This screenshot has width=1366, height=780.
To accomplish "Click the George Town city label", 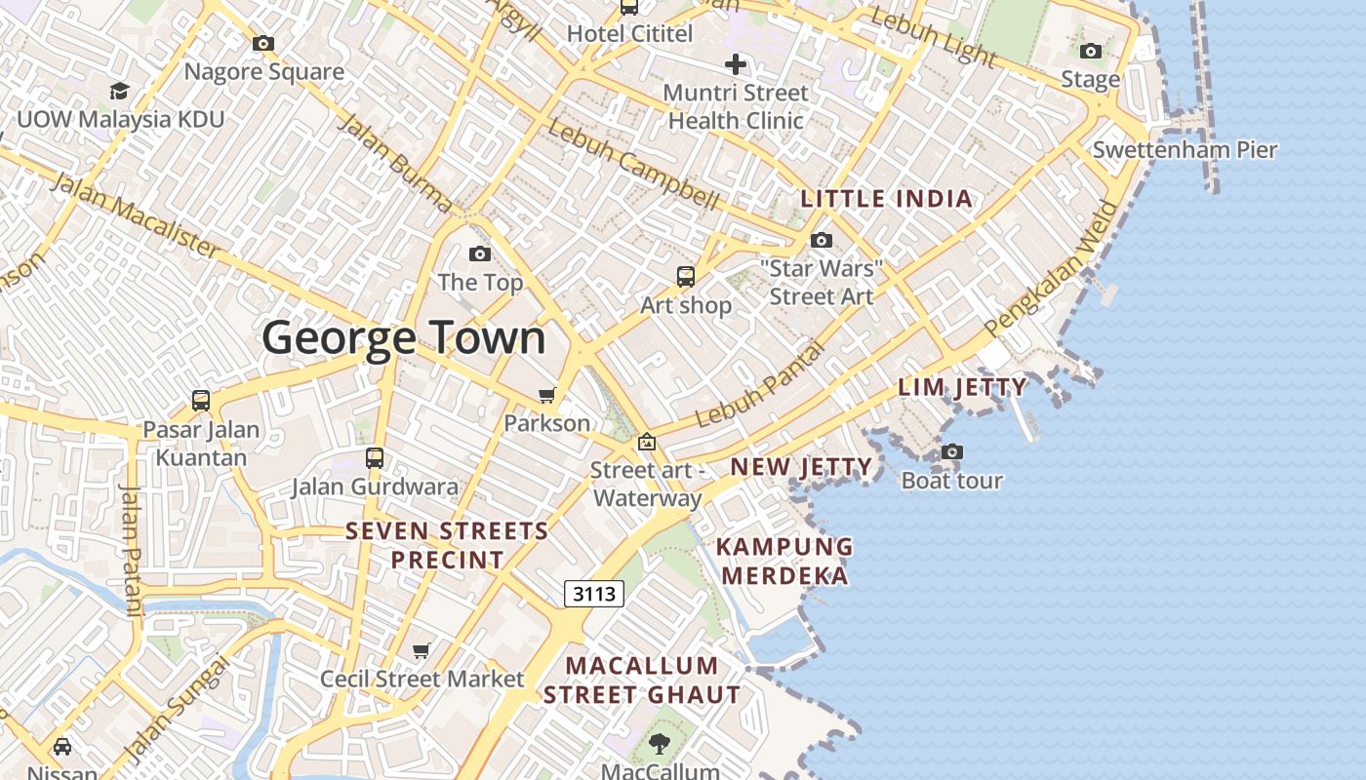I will point(404,338).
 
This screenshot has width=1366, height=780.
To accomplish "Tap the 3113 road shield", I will point(593,593).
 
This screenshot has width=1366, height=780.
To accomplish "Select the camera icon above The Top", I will point(480,254).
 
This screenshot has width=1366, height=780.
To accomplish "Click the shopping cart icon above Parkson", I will point(546,395).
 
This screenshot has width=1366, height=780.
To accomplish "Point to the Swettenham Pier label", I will point(1185,150).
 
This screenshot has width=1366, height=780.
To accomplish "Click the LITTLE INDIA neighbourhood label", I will point(886,199).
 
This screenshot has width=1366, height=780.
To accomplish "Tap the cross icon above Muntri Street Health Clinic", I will point(736,65).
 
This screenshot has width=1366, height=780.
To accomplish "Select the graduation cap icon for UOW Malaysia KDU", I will point(119,91).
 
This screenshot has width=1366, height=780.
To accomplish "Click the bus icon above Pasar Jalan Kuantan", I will point(201,401).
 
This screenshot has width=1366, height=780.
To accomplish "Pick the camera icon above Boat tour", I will point(952,452).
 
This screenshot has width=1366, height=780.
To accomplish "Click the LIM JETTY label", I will point(962,387).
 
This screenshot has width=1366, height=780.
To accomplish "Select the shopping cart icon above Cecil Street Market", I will point(422,650).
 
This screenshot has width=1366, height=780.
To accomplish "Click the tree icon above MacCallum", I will point(661,744).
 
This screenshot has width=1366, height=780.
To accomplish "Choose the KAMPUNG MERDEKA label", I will point(785,561).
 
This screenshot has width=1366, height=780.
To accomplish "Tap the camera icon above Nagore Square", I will point(263,44).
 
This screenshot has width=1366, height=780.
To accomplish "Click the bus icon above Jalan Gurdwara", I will point(375,458).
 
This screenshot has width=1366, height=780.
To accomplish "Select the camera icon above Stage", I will point(1091,51).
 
